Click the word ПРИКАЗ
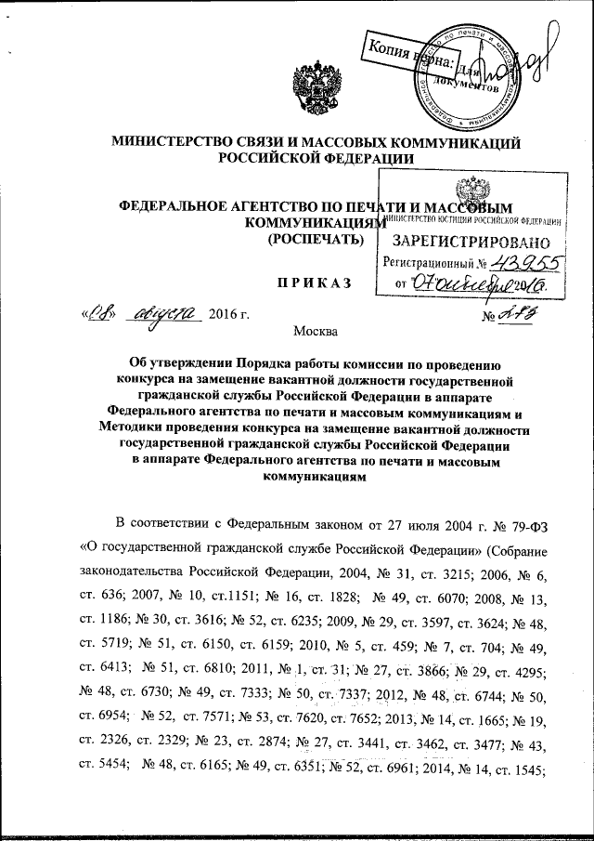tap(312, 283)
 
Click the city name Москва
tap(316, 332)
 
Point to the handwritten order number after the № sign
tap(520, 319)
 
